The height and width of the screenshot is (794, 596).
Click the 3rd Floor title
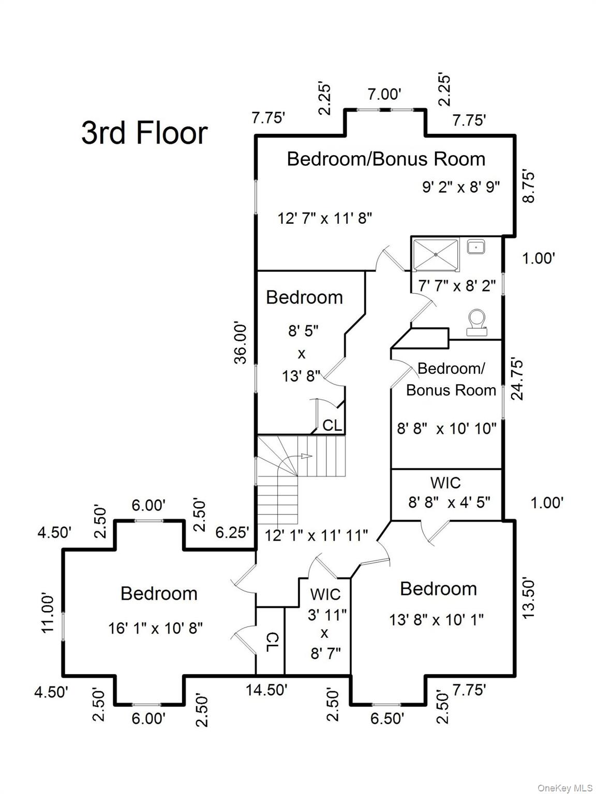point(144,132)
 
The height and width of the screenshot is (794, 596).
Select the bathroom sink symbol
point(475,247)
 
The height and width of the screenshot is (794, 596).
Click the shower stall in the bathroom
point(435,254)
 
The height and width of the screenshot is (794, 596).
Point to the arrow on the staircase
point(305,456)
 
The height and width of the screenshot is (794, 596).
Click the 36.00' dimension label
point(241,343)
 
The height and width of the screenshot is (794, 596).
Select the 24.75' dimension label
point(517,379)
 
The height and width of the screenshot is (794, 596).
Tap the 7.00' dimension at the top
point(384,94)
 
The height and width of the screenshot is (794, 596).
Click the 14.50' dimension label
point(266,690)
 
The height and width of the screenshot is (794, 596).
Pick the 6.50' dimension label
point(387,719)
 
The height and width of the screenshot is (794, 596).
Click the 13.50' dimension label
point(528,598)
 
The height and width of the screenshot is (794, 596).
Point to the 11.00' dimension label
point(48,613)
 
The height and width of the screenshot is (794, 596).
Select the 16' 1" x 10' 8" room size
point(155,628)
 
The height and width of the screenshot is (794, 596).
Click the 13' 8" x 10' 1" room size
point(436,619)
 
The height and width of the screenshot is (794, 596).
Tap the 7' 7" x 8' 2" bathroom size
point(457,285)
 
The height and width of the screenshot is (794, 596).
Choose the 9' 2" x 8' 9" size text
point(461,187)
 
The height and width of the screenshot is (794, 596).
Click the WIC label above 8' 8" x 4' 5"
point(445,483)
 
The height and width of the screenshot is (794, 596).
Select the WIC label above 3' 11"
point(325,594)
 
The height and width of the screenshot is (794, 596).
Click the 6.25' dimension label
point(232,532)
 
